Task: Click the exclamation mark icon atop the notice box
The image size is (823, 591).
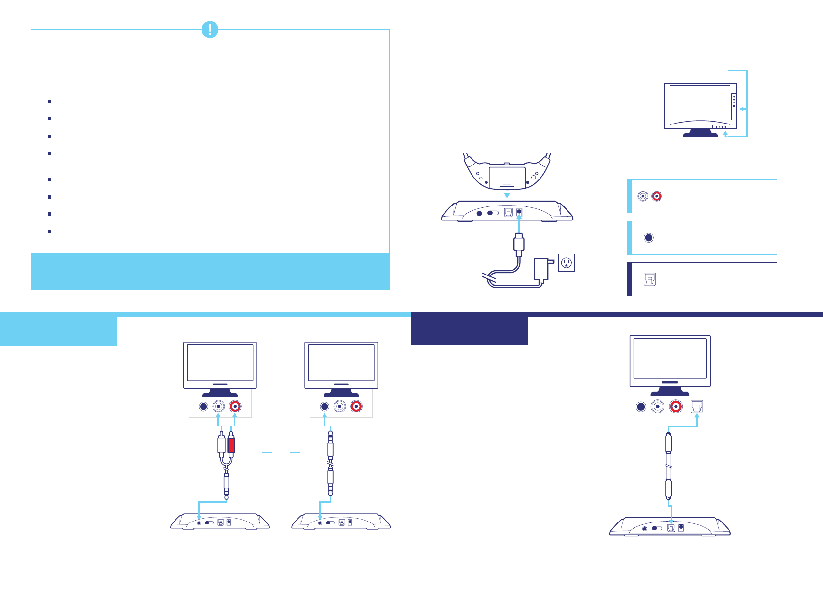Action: (x=210, y=30)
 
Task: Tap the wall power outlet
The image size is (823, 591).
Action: (x=567, y=262)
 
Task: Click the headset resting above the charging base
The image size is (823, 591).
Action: (x=507, y=173)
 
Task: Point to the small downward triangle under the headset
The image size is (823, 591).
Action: (x=507, y=195)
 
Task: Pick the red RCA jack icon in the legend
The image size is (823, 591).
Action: (x=656, y=196)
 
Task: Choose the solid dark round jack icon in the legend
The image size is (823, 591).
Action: (x=648, y=238)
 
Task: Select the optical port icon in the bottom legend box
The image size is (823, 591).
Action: (x=649, y=279)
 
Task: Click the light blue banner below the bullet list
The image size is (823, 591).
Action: (x=210, y=272)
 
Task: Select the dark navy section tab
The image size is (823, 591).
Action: (x=469, y=330)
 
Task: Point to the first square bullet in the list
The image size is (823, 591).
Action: (x=49, y=102)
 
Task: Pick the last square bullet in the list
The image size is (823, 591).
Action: (x=49, y=232)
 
